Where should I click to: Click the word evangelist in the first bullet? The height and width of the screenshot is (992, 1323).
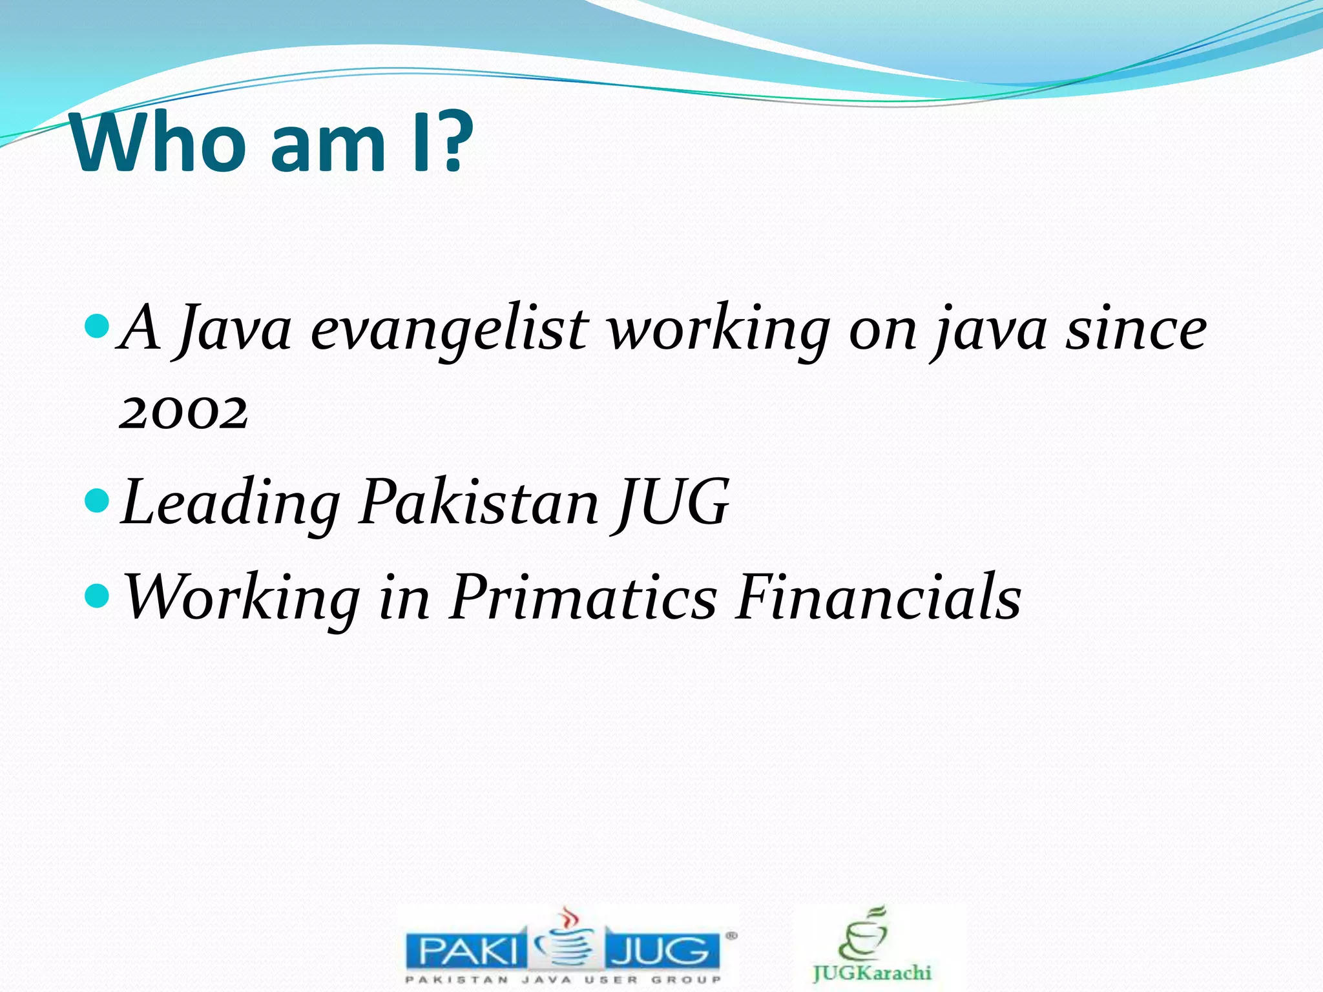pyautogui.click(x=448, y=329)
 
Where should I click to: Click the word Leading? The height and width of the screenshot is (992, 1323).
pyautogui.click(x=230, y=504)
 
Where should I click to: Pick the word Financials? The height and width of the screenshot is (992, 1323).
pyautogui.click(x=878, y=597)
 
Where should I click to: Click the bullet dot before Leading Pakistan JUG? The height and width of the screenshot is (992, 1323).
pyautogui.click(x=98, y=500)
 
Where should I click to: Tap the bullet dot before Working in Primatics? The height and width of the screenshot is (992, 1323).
pyautogui.click(x=98, y=595)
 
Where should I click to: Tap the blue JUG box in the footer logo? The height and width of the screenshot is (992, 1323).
pyautogui.click(x=661, y=951)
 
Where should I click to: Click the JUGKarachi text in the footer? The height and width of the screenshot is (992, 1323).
pyautogui.click(x=871, y=973)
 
